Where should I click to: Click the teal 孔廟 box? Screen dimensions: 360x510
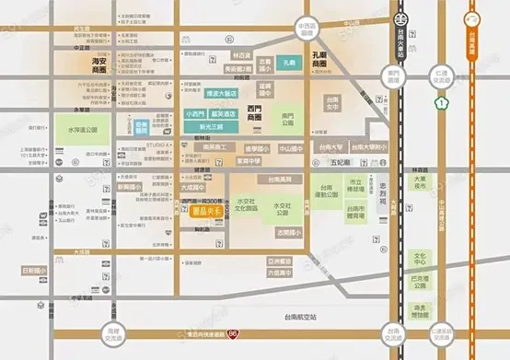(288, 62)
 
